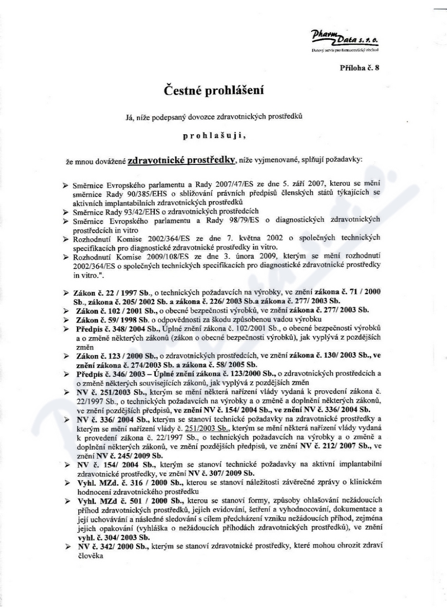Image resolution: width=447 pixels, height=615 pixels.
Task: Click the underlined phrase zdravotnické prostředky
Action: tap(181, 159)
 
